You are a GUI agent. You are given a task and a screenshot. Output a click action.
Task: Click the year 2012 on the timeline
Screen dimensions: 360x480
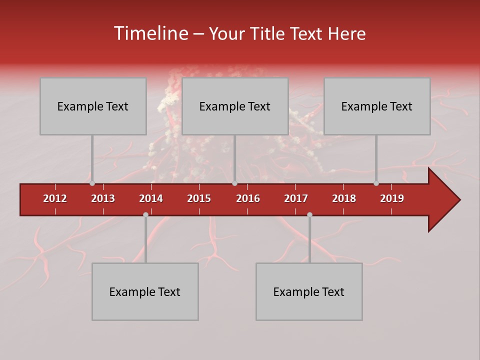(55, 198)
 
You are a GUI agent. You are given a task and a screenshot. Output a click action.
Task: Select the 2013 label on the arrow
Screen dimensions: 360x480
(103, 198)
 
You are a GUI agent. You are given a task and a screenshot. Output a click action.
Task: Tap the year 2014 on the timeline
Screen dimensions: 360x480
(151, 198)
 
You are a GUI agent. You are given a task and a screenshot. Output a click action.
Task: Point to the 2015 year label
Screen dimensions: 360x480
(199, 198)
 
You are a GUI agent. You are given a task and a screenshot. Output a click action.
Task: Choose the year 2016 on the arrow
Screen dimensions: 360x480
(248, 198)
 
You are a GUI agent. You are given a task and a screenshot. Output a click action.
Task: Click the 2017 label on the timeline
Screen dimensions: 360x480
(296, 198)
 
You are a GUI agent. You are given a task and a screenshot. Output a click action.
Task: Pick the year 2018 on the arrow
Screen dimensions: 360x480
(344, 198)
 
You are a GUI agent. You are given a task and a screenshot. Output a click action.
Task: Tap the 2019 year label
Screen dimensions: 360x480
(392, 198)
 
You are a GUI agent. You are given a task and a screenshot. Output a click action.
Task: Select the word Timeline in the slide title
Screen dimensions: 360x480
(150, 33)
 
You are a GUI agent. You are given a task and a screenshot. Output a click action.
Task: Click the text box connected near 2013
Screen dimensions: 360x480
(93, 106)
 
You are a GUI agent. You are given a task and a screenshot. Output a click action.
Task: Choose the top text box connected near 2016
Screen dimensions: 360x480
(235, 106)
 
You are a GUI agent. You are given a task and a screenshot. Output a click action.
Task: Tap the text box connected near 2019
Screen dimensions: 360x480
(377, 106)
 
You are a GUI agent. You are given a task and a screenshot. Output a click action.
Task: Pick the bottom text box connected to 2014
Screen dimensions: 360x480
(145, 291)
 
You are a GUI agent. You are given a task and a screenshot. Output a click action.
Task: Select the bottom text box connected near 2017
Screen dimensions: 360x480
(309, 291)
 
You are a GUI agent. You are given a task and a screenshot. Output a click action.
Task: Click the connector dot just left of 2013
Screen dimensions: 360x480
(92, 183)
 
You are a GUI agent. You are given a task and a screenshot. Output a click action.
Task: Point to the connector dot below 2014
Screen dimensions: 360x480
(145, 214)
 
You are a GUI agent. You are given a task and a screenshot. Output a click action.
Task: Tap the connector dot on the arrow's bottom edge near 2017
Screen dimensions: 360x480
(309, 214)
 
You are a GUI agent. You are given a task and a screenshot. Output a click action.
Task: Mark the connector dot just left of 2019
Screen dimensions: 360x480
(376, 183)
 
